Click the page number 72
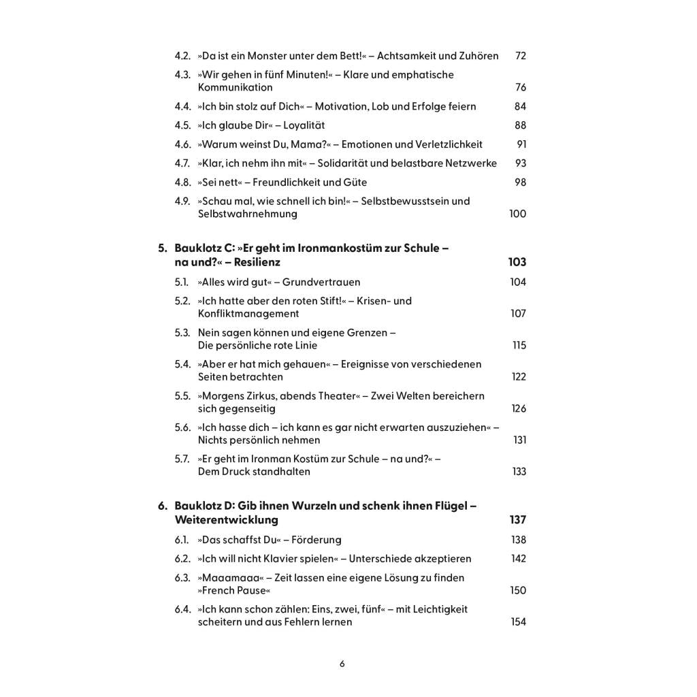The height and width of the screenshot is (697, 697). pos(521,56)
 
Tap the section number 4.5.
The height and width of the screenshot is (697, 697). pos(182,125)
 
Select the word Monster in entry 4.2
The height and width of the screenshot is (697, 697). pos(267,56)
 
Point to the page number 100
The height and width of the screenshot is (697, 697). pos(517,214)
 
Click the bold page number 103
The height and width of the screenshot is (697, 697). pos(517,262)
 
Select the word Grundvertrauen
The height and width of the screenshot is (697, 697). pos(321,282)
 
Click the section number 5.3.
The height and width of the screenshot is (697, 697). pos(182,333)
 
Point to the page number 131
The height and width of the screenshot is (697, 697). pos(519,440)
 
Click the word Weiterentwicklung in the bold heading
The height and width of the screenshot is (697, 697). pos(227,520)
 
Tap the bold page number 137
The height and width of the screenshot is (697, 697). pos(518,520)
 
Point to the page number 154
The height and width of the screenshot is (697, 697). pos(518,622)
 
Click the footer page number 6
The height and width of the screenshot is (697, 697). pos(342,664)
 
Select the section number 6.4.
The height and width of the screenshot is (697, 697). pos(182,609)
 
